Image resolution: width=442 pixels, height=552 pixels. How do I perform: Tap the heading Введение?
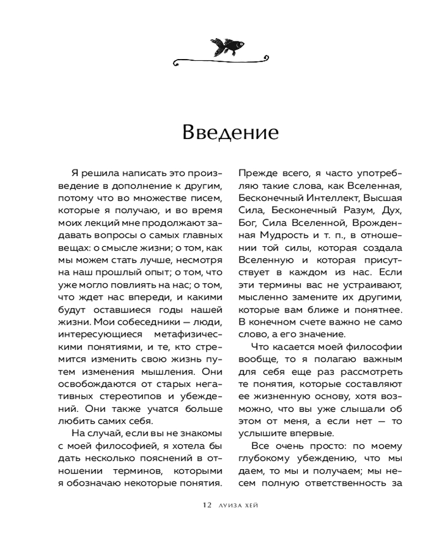(223, 134)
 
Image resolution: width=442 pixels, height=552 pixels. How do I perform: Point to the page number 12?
(207, 505)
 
